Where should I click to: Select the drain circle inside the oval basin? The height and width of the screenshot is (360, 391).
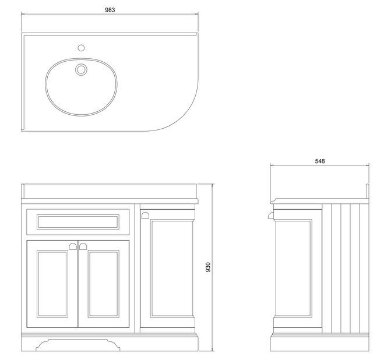[x=81, y=70]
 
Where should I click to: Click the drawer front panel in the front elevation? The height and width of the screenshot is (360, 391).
[x=78, y=221]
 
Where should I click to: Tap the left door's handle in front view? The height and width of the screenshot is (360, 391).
[x=73, y=246]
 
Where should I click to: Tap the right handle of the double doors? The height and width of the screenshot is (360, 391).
[x=83, y=246]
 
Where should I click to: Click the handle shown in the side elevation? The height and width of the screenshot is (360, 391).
[x=270, y=216]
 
